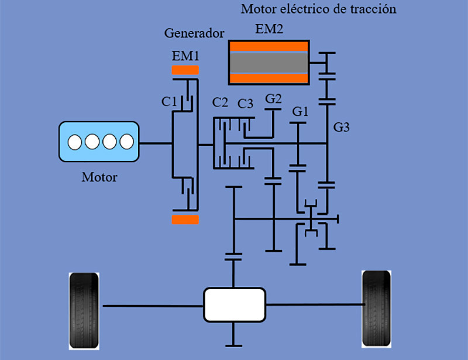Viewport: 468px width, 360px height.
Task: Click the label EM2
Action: coord(269,29)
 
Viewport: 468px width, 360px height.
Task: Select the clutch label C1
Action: coord(169,102)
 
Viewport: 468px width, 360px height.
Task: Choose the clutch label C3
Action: coord(245,104)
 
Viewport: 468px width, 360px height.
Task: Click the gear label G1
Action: coord(300,111)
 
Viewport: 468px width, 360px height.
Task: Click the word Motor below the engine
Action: coord(99,177)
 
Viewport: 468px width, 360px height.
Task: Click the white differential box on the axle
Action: coord(234,304)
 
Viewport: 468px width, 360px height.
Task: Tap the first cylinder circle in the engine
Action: coord(74,142)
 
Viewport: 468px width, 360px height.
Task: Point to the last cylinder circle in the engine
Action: coord(126,142)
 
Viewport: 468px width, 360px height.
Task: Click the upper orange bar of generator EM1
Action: coord(185,70)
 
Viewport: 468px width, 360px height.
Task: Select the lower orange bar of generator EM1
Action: coord(185,220)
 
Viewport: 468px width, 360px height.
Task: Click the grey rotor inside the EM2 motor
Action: coord(269,62)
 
